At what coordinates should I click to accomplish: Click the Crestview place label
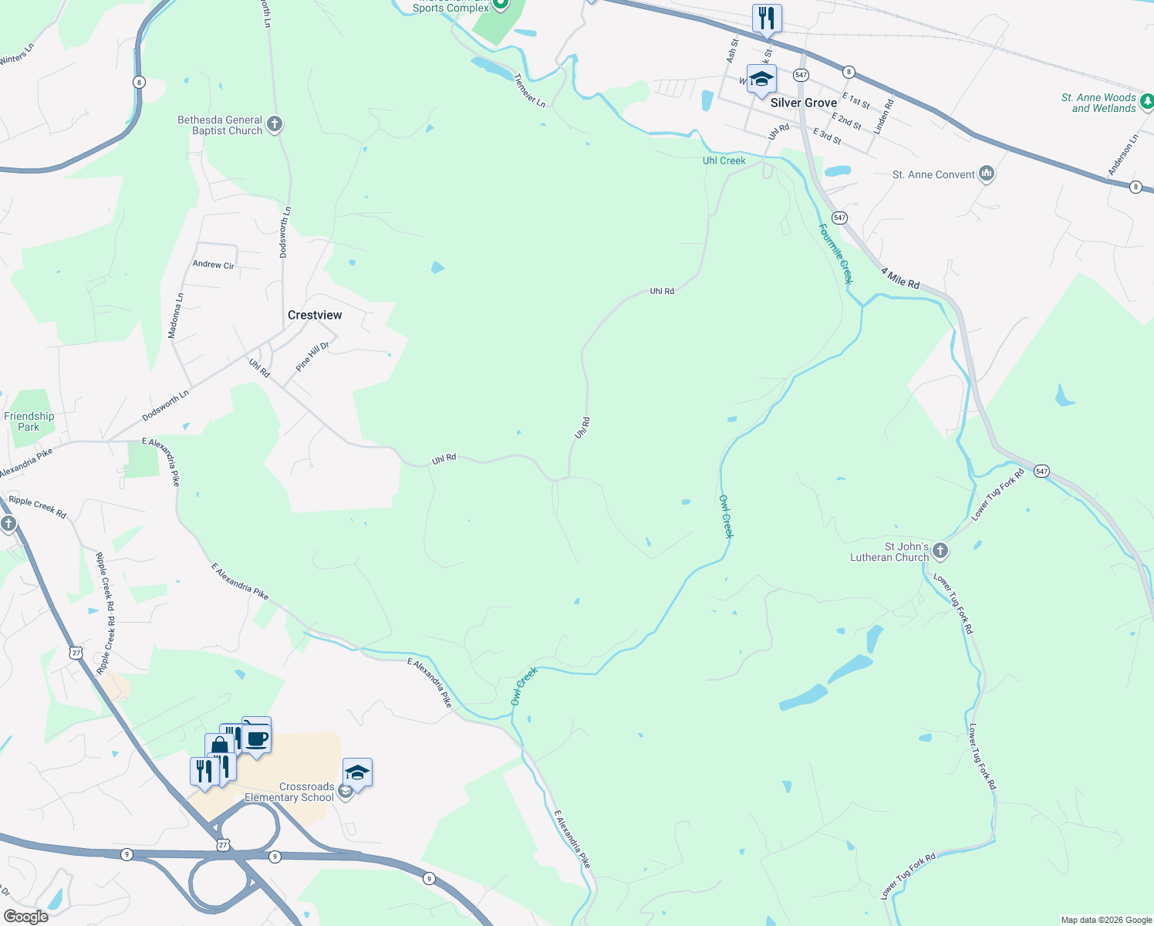click(315, 315)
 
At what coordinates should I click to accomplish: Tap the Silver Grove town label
click(804, 103)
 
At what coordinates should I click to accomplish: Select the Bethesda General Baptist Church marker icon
click(274, 123)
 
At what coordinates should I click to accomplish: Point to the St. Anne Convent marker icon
click(986, 174)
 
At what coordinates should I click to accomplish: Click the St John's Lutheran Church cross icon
click(940, 550)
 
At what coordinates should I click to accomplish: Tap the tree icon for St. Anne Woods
click(1146, 101)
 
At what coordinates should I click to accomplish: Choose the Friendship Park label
click(29, 421)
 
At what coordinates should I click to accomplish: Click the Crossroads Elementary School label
click(289, 793)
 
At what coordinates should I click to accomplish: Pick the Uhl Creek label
click(724, 161)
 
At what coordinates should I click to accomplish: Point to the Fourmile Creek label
click(836, 254)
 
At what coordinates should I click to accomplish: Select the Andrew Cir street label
click(213, 265)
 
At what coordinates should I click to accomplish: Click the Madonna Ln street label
click(176, 316)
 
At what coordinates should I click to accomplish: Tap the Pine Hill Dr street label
click(312, 356)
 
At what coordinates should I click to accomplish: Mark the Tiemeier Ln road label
click(529, 90)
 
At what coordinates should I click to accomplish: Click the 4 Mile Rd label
click(900, 279)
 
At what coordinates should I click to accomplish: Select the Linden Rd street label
click(883, 116)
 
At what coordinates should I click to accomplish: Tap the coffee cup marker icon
click(257, 738)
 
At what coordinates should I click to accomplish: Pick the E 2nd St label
click(847, 120)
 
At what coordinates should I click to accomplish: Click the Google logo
click(25, 917)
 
